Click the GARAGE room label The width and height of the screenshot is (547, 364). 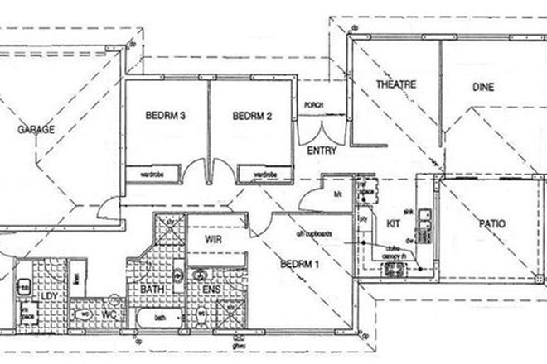coord(38,131)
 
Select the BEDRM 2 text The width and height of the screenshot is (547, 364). coord(253,117)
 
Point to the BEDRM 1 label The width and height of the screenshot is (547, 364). coord(299,265)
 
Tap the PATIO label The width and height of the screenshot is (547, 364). coord(491,223)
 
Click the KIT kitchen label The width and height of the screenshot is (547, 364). coord(394,223)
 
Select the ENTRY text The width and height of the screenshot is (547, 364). coord(321,151)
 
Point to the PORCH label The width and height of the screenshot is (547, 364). coord(314,105)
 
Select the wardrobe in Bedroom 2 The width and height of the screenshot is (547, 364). coord(264,175)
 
